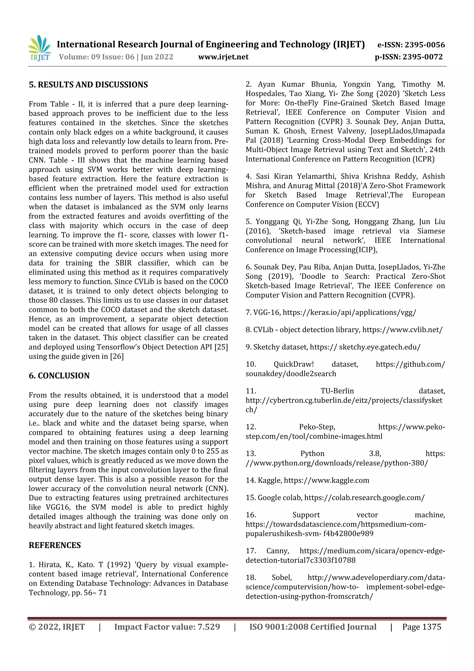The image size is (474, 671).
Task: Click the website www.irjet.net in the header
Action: tap(223, 57)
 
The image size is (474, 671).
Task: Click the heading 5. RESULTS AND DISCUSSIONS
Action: tap(88, 85)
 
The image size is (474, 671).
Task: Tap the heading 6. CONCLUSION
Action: tap(59, 375)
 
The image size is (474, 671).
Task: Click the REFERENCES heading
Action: tap(55, 545)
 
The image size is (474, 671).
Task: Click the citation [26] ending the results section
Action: tap(117, 356)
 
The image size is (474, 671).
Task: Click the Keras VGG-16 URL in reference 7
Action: tap(349, 312)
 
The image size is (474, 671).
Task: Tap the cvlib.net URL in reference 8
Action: tap(402, 330)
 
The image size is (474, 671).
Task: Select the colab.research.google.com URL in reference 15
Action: tap(364, 498)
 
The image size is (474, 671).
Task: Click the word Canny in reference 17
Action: tap(278, 551)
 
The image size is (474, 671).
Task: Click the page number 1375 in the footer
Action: tap(432, 627)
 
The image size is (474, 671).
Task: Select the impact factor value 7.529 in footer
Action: tap(209, 627)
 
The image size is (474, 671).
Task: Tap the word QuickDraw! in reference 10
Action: tap(293, 364)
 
